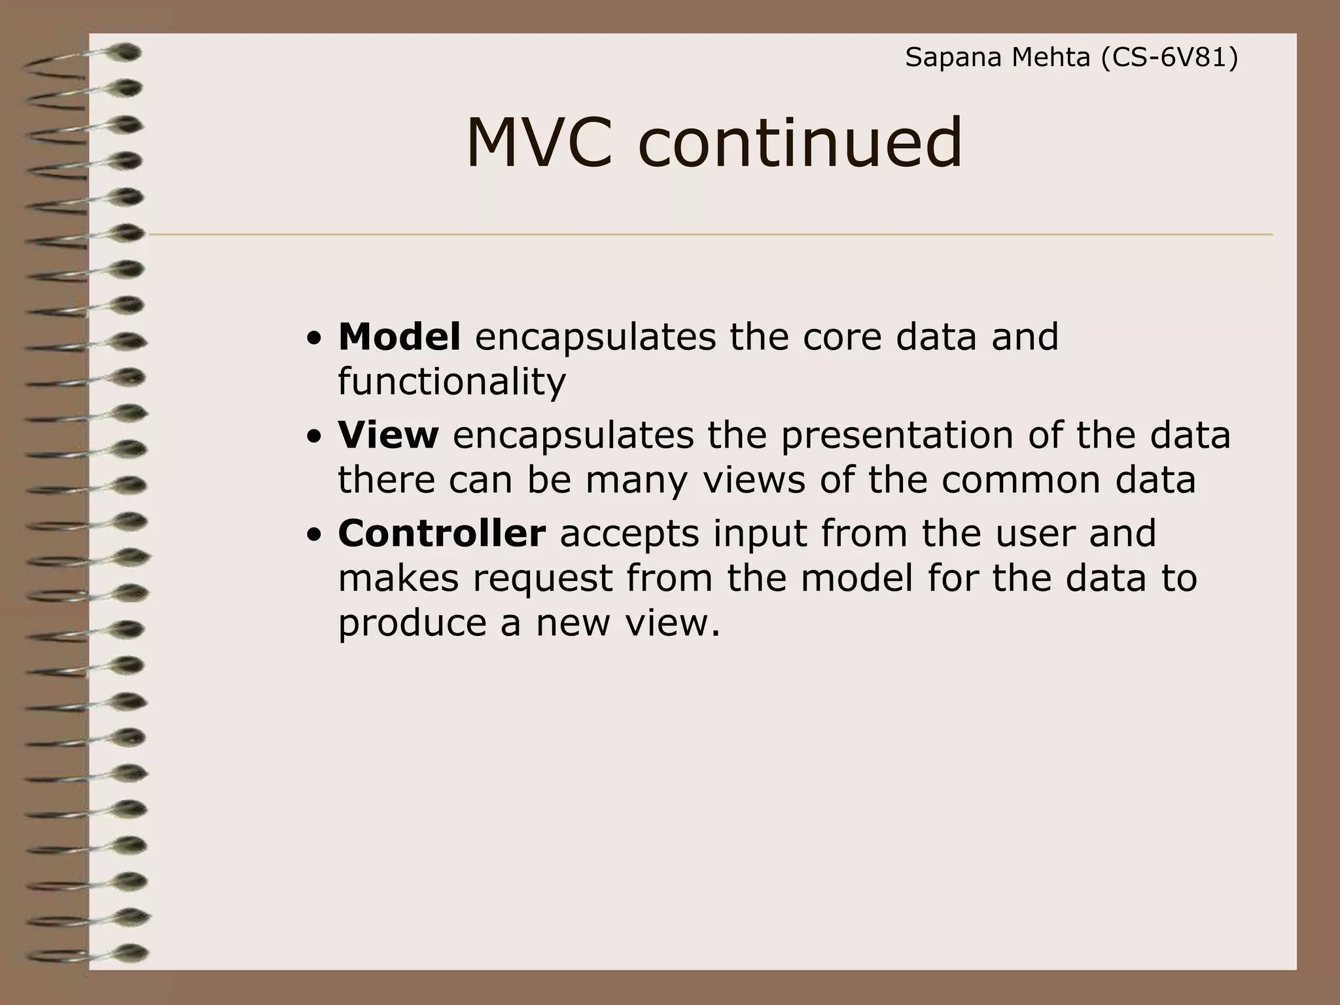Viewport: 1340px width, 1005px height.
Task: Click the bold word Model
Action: pyautogui.click(x=399, y=337)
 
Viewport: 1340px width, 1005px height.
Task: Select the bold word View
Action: pyautogui.click(x=388, y=435)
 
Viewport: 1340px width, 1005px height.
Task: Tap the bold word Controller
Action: pyautogui.click(x=442, y=533)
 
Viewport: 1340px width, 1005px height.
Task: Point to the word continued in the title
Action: pyautogui.click(x=800, y=143)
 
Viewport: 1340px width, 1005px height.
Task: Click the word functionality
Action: pyautogui.click(x=451, y=382)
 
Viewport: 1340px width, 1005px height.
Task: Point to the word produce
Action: pyautogui.click(x=412, y=624)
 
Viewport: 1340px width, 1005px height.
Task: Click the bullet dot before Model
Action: pyautogui.click(x=315, y=340)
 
